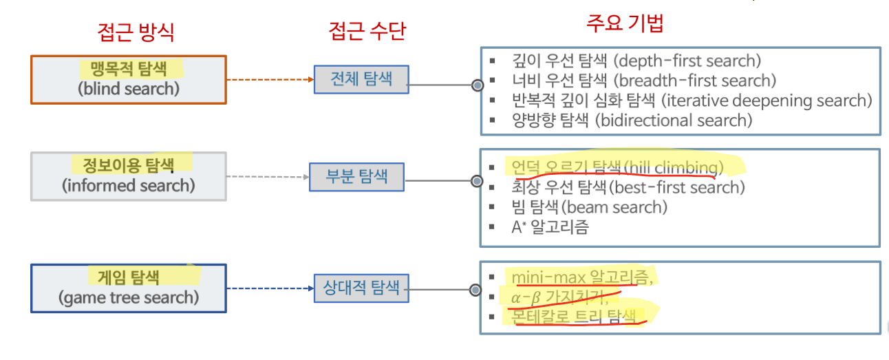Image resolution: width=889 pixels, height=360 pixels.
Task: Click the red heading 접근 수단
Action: click(367, 31)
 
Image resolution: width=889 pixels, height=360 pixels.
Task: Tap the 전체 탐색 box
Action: click(361, 78)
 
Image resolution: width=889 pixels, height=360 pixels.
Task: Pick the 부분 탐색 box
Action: click(357, 176)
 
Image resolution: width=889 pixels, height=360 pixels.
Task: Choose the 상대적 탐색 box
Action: click(361, 287)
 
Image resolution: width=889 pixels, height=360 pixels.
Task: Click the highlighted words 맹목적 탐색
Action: click(129, 68)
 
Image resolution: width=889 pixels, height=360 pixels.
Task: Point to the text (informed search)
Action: click(129, 185)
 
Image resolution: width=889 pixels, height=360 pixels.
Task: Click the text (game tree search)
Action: click(129, 297)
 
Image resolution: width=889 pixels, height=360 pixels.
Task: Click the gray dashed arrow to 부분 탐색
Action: click(267, 176)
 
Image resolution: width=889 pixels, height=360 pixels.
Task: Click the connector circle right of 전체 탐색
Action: click(477, 85)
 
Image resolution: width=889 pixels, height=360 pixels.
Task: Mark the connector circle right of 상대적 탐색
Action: click(475, 290)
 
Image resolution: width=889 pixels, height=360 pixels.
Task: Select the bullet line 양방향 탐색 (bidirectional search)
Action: click(632, 120)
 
